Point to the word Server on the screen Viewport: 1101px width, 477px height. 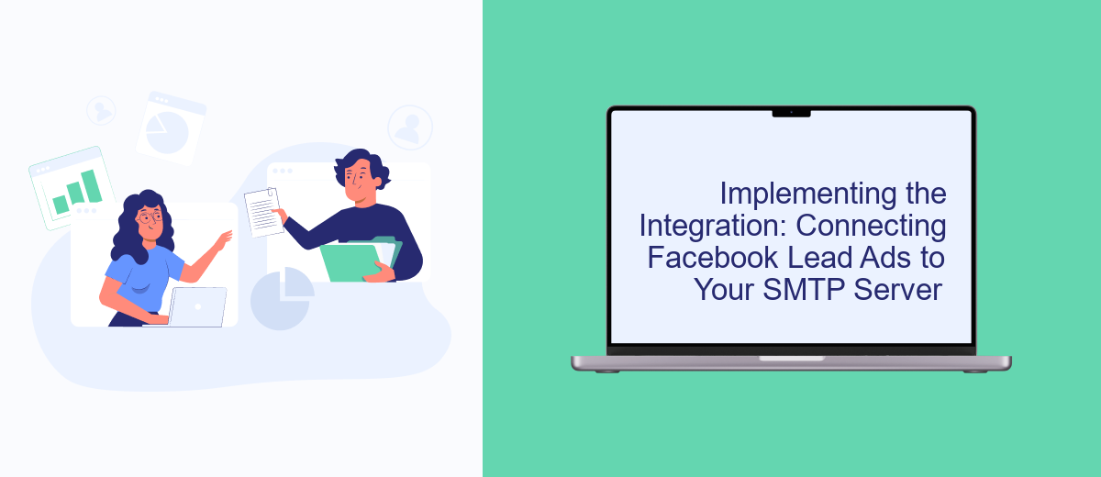[x=897, y=289]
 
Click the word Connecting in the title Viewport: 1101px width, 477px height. [x=871, y=227]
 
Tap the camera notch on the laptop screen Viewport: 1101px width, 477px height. [x=791, y=113]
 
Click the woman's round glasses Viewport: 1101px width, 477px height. [x=150, y=216]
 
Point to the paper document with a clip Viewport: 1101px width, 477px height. [x=264, y=212]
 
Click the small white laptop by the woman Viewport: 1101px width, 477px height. [x=197, y=306]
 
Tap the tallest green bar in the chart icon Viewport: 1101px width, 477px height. [x=92, y=186]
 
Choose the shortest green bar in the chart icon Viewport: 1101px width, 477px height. [x=61, y=205]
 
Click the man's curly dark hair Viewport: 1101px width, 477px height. [x=362, y=167]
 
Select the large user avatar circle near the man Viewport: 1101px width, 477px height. [x=410, y=127]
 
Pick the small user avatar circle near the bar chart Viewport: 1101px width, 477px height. [x=101, y=110]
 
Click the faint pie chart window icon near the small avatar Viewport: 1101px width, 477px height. [x=171, y=128]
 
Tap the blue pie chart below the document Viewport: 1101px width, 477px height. [x=282, y=298]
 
